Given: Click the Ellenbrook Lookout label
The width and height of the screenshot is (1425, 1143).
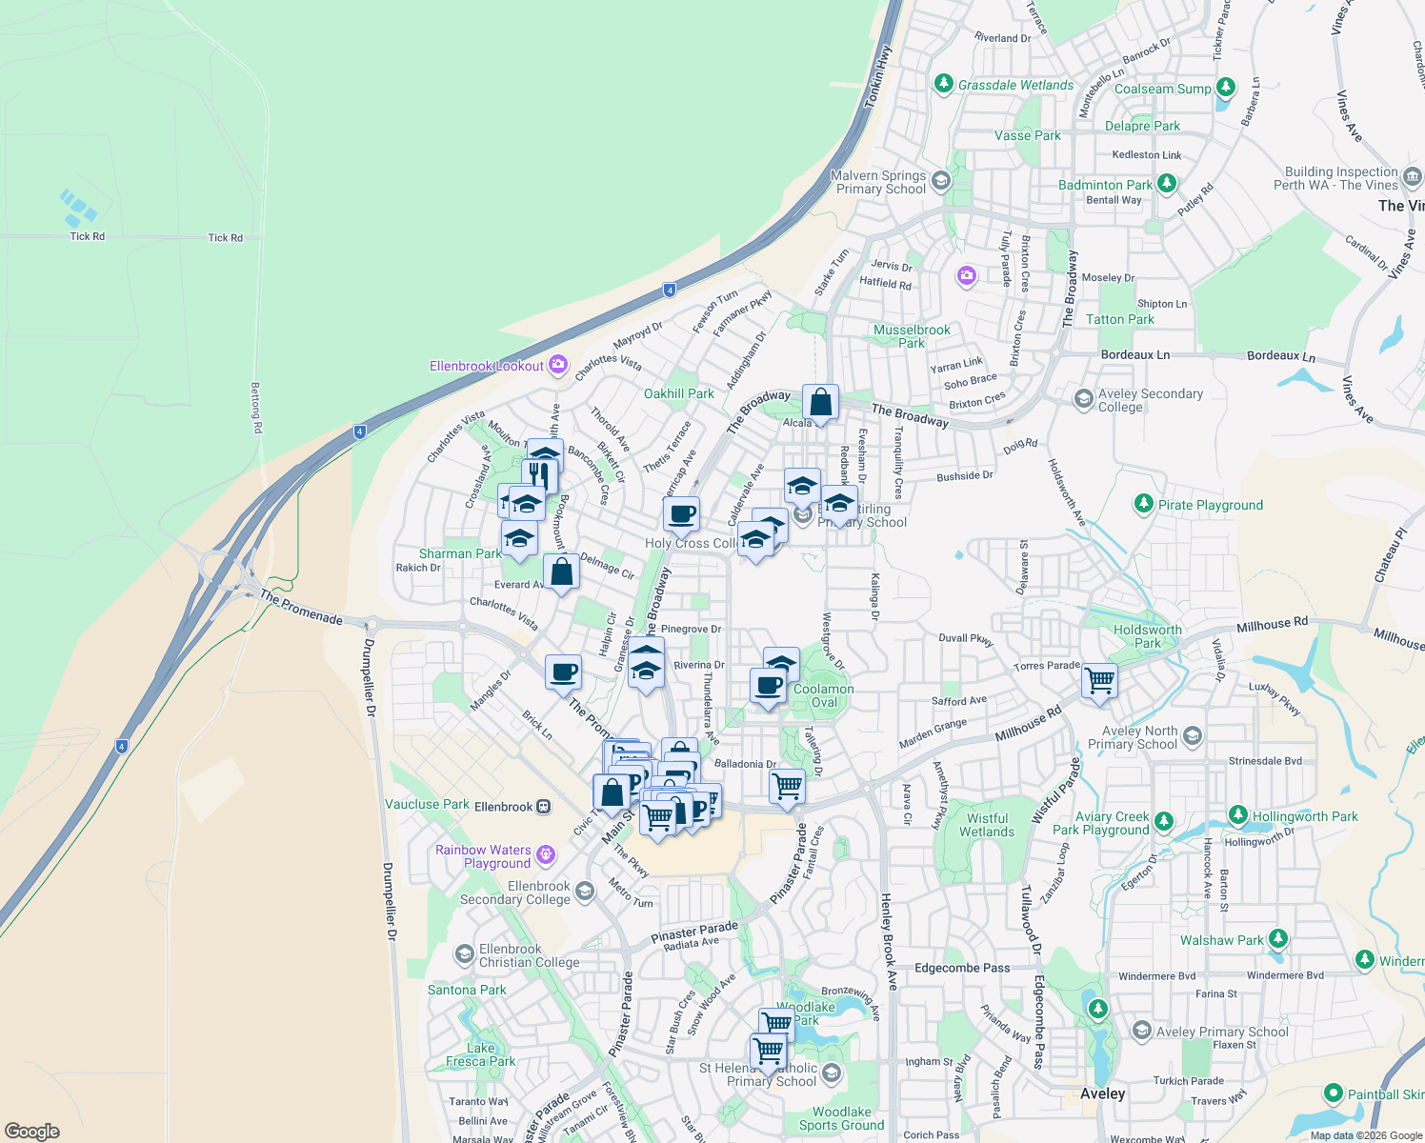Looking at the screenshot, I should tap(487, 366).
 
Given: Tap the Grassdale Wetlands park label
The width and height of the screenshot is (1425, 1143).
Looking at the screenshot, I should tap(1015, 85).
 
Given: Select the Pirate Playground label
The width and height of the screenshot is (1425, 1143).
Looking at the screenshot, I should tap(1210, 505).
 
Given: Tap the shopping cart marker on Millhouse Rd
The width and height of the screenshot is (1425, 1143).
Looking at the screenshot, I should tap(1099, 681).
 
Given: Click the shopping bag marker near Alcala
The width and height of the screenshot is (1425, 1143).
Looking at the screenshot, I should tap(820, 403).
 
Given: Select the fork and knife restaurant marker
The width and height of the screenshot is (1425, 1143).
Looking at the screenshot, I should tap(540, 474).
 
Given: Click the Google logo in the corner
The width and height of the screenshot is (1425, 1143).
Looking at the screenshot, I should tap(31, 1132).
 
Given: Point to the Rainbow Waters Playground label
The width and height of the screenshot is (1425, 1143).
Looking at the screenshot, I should tap(483, 856).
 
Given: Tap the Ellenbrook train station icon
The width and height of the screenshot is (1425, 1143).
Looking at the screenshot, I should tap(544, 807).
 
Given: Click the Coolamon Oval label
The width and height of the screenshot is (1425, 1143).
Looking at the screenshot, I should tap(824, 695).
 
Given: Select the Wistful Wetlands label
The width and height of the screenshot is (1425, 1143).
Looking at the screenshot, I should tap(987, 825).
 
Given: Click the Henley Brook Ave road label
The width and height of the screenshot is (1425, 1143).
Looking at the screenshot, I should tap(889, 942).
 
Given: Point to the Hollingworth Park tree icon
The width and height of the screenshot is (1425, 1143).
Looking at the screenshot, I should tap(1237, 815).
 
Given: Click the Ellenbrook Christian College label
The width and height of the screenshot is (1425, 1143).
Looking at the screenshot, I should tap(529, 955).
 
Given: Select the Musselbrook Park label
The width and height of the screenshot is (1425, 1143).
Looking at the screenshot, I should tap(912, 336).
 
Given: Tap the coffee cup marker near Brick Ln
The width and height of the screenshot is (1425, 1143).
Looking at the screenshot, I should tap(563, 672).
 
